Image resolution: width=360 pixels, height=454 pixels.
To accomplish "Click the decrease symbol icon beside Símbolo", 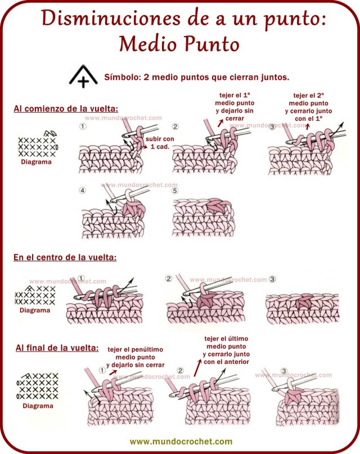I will point(83,77).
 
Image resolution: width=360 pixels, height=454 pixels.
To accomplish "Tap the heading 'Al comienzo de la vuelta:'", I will point(69,108).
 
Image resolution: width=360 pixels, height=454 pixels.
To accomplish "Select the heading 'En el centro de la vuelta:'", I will point(65,257).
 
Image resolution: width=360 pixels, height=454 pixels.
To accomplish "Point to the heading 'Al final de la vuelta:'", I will point(57,348).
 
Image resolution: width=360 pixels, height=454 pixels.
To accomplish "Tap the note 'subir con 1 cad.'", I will point(160,143).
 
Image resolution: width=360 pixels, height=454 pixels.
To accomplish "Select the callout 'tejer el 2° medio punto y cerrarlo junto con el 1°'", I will point(309,107).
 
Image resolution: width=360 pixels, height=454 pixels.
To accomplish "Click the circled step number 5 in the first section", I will point(175,191).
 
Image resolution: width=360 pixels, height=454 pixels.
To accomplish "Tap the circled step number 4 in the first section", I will point(83,191).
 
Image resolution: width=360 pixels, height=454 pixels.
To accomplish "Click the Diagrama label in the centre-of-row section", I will point(35,310).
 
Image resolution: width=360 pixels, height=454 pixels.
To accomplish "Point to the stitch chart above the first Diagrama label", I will point(38,145).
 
